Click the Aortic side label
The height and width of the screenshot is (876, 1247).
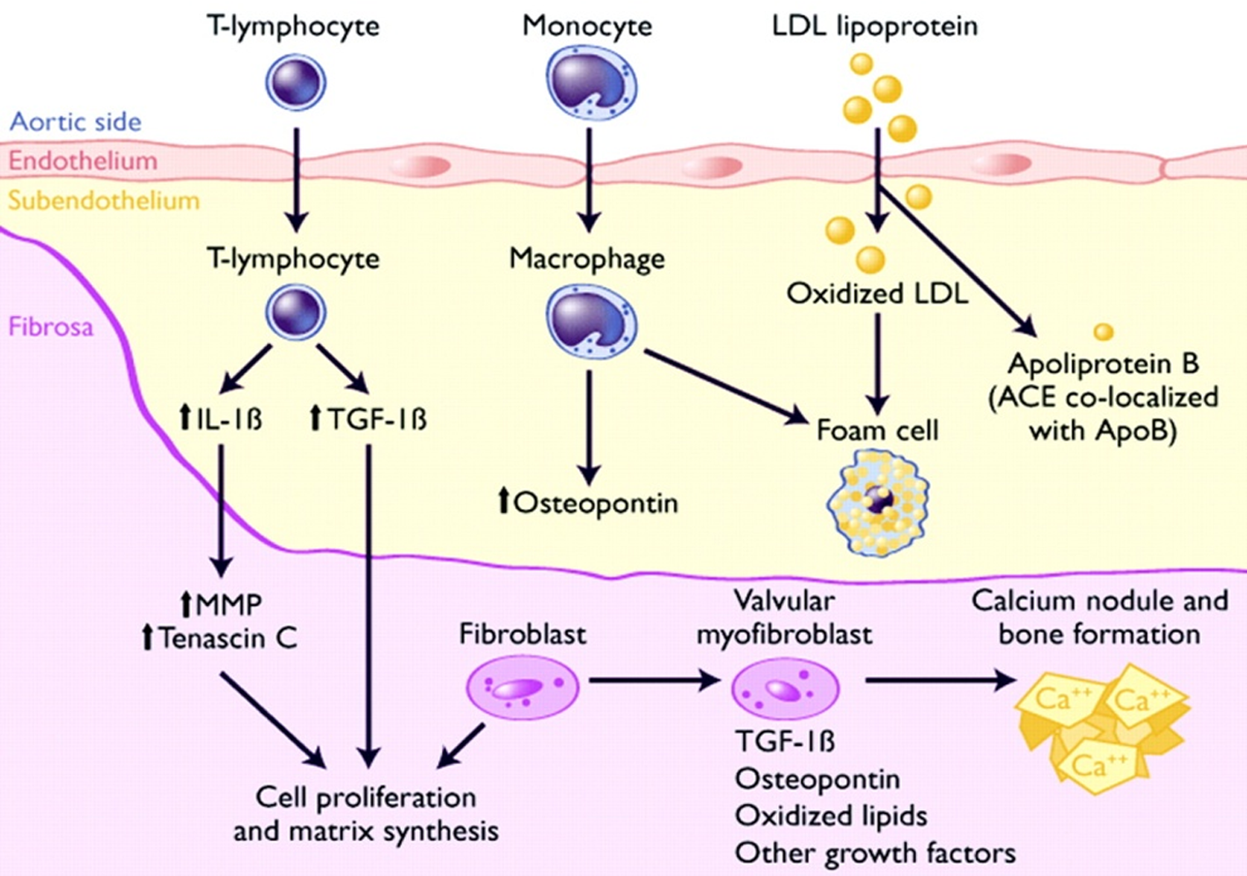click(x=76, y=122)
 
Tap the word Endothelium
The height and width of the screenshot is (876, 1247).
click(x=83, y=161)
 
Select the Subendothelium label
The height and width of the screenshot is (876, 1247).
click(x=104, y=201)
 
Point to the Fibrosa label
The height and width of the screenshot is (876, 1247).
click(x=51, y=327)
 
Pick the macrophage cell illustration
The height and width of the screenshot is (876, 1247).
click(x=591, y=321)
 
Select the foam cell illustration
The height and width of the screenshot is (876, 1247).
click(x=878, y=503)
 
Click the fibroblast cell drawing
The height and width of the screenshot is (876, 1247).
click(x=522, y=688)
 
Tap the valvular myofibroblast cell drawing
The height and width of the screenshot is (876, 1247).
click(x=785, y=688)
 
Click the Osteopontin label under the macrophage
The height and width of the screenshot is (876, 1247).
click(x=588, y=503)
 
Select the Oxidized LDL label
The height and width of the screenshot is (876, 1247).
click(x=877, y=293)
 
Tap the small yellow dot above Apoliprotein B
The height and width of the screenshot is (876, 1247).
click(x=1103, y=332)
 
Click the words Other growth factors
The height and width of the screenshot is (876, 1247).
click(x=875, y=853)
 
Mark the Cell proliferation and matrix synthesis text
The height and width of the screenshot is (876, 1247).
click(x=366, y=814)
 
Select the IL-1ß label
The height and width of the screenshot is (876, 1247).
click(x=221, y=418)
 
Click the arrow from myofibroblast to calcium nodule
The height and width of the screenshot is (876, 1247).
click(x=940, y=680)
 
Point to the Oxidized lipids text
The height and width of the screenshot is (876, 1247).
click(x=831, y=816)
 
